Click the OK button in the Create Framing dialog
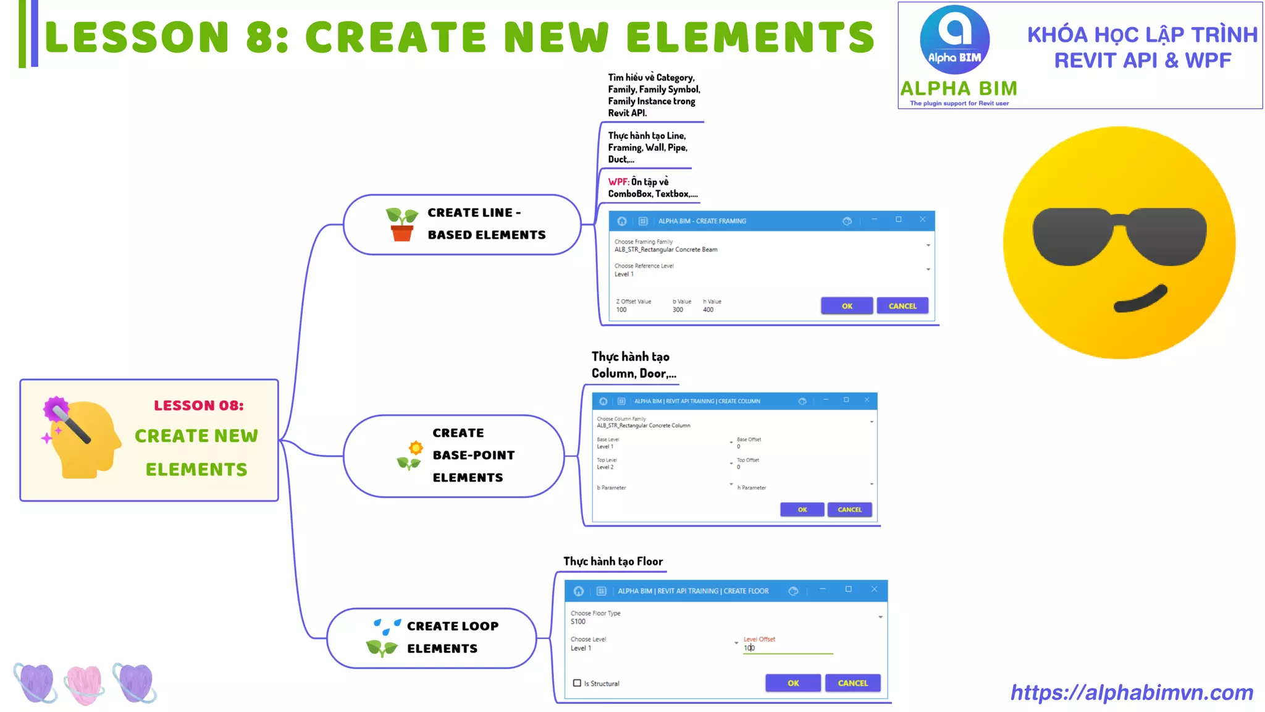coord(846,306)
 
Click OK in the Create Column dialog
coord(802,509)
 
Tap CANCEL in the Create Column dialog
coord(849,509)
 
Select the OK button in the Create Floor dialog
coord(793,683)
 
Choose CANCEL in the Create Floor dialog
coord(852,683)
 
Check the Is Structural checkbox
coord(577,683)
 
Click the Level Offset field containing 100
coord(787,648)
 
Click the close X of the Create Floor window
coord(874,590)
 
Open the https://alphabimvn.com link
coord(1132,693)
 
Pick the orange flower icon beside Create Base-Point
coord(416,447)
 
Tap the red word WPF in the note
coord(618,182)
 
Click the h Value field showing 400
coord(708,310)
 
